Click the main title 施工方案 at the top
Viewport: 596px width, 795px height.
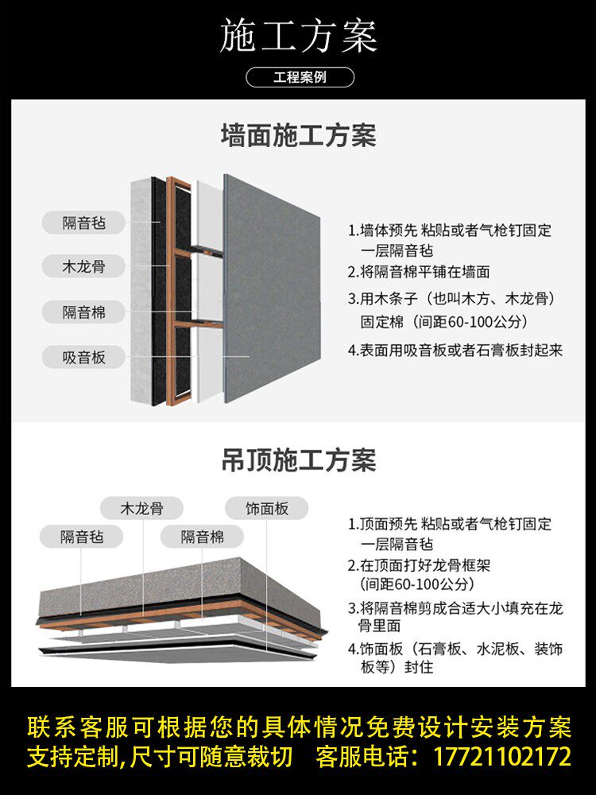coord(298,37)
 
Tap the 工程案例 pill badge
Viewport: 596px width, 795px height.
coord(299,78)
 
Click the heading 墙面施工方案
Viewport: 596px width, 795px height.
coord(298,136)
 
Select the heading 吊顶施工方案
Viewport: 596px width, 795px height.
coord(298,460)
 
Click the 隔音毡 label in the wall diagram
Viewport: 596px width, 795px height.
coord(83,223)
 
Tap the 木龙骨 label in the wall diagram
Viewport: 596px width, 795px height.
coord(83,267)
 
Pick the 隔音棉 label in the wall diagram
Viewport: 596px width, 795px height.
coord(83,312)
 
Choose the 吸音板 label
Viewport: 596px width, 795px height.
coord(83,357)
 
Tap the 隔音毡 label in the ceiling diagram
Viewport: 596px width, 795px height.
coord(82,537)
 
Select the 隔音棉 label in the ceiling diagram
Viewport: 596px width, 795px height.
coord(202,537)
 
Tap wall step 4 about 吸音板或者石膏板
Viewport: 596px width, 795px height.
coord(455,350)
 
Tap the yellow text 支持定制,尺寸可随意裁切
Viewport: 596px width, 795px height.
coord(160,756)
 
